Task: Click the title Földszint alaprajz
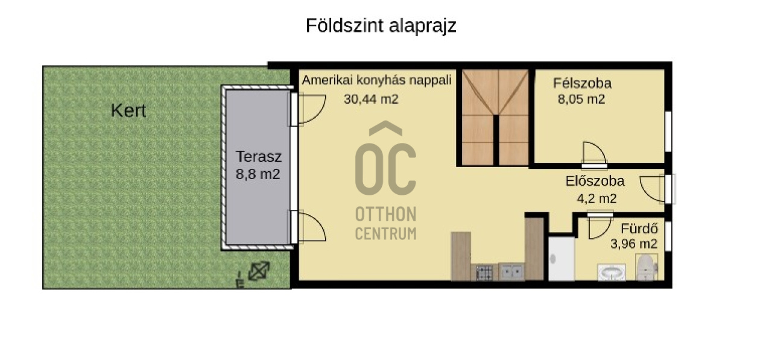[x=381, y=26]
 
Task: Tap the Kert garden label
[x=128, y=110]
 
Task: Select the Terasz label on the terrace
[x=259, y=157]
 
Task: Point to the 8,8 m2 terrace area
[x=258, y=174]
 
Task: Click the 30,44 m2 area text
[x=371, y=99]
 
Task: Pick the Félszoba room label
[x=582, y=83]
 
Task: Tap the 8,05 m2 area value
[x=581, y=99]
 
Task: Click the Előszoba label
[x=595, y=181]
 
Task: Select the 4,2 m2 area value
[x=596, y=199]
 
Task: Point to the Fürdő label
[x=639, y=229]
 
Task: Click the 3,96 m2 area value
[x=634, y=244]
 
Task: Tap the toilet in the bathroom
[x=647, y=267]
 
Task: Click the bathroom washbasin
[x=612, y=273]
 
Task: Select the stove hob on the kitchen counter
[x=484, y=273]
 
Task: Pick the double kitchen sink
[x=511, y=272]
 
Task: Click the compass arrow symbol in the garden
[x=259, y=271]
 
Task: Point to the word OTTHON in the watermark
[x=385, y=214]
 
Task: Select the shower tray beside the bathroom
[x=562, y=258]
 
